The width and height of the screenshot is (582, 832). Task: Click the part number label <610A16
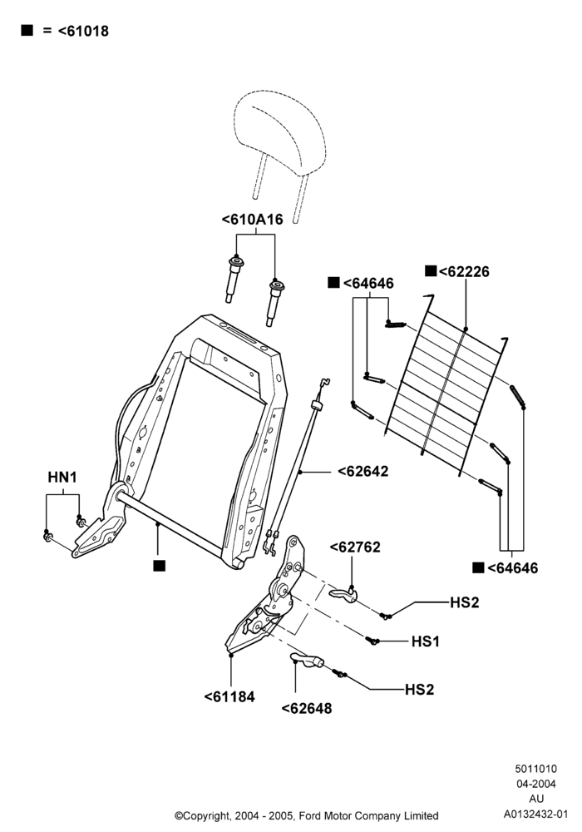(252, 219)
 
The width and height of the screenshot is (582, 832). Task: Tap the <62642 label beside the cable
(363, 471)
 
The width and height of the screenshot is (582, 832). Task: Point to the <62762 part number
(355, 547)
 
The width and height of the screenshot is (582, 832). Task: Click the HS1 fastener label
(426, 641)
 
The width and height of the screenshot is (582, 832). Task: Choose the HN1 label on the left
(62, 477)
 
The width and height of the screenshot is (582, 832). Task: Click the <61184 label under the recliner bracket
(229, 696)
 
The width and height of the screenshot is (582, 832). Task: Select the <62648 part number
(307, 708)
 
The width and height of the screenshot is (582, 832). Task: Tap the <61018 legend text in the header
(83, 32)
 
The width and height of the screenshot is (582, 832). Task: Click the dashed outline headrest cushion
(279, 132)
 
